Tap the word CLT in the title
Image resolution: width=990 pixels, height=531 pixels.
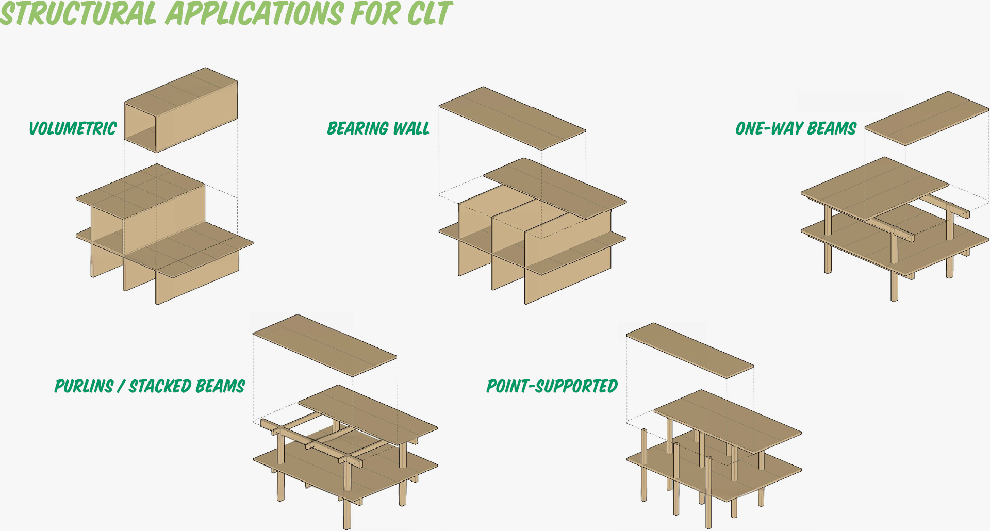click(x=429, y=13)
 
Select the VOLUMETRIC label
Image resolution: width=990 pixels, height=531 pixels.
click(x=73, y=128)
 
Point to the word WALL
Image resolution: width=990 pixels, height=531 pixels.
click(x=411, y=128)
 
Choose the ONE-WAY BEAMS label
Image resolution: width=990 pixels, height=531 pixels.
click(x=796, y=128)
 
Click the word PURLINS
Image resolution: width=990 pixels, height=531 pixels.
click(x=84, y=386)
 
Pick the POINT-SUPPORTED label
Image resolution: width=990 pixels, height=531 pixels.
click(x=552, y=386)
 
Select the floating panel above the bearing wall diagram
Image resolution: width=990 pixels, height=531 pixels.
click(x=512, y=119)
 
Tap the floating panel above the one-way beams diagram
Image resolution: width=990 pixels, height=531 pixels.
click(x=927, y=119)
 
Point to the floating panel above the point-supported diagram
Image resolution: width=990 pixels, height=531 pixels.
click(x=690, y=351)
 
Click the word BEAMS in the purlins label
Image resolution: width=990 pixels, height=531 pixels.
click(x=220, y=386)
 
